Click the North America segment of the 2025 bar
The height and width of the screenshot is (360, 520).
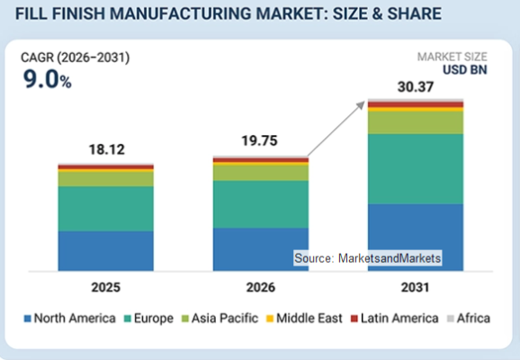[106, 251]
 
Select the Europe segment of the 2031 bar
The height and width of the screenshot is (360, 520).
[416, 169]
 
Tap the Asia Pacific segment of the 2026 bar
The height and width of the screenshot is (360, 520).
[261, 173]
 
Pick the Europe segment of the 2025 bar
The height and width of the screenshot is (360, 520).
[106, 209]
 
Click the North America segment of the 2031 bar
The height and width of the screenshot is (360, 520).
[416, 238]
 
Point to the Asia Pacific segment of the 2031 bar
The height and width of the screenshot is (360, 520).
[416, 122]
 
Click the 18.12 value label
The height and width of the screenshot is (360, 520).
[107, 149]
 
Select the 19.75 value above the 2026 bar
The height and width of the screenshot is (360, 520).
[259, 140]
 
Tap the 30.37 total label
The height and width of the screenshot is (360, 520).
[416, 87]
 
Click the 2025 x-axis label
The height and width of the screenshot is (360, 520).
[106, 287]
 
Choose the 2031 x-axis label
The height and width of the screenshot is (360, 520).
[416, 287]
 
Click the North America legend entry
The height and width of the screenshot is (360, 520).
[69, 319]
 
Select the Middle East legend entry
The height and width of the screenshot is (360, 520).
[304, 319]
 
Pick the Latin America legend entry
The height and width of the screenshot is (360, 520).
[395, 319]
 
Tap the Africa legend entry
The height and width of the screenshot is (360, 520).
[469, 319]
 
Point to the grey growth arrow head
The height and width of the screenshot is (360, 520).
[361, 105]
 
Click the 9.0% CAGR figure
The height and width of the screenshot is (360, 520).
[47, 79]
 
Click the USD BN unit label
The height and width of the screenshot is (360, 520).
[465, 70]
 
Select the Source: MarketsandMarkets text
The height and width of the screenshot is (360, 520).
[367, 258]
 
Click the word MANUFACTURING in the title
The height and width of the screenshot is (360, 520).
[181, 13]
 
